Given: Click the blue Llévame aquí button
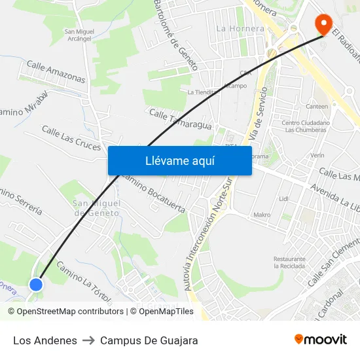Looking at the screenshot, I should point(179,160).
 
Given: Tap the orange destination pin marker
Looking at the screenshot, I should point(323,25).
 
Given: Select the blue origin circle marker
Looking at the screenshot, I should point(36,284).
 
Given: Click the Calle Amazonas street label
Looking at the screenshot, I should point(56,72).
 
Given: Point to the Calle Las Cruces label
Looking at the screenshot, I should point(71,138).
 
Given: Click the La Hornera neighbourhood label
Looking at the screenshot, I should point(240,29).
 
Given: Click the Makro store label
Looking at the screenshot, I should point(262,215).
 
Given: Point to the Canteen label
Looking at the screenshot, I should point(317,106).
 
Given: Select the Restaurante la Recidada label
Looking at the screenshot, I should point(289,262).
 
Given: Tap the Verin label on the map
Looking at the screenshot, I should point(318,155).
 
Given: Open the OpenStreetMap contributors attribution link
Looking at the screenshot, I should point(66,312).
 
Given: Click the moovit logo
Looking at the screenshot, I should point(321,340).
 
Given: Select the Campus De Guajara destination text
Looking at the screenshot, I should point(149,340).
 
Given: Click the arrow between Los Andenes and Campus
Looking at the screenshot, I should point(88,340).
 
